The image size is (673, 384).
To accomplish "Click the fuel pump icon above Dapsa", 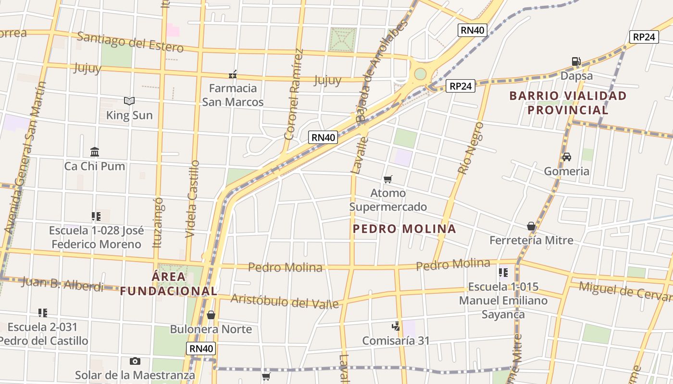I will [576, 61].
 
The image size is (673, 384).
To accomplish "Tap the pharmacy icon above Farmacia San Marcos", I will [233, 74].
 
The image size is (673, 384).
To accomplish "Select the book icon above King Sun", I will [129, 101].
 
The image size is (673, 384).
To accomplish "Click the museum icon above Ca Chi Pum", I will [95, 152].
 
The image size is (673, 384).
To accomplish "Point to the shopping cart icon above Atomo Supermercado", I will [388, 179].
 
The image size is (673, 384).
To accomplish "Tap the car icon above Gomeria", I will [567, 157].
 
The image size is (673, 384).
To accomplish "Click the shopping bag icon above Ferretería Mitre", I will [531, 226].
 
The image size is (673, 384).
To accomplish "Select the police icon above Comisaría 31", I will [396, 326].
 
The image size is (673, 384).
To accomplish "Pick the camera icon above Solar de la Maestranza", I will [135, 361].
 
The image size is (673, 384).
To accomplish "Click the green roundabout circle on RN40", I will [420, 74].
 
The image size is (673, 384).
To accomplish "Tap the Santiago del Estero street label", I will [130, 42].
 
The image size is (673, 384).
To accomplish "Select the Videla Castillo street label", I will [192, 199].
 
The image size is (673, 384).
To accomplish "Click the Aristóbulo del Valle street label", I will [285, 301].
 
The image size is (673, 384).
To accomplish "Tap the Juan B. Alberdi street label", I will [62, 284].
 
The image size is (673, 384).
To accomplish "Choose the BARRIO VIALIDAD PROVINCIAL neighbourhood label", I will [568, 103].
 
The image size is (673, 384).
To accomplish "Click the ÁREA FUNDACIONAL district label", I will [168, 284].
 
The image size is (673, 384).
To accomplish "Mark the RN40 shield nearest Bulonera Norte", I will [201, 349].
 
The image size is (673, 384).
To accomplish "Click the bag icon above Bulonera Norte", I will [211, 315].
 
